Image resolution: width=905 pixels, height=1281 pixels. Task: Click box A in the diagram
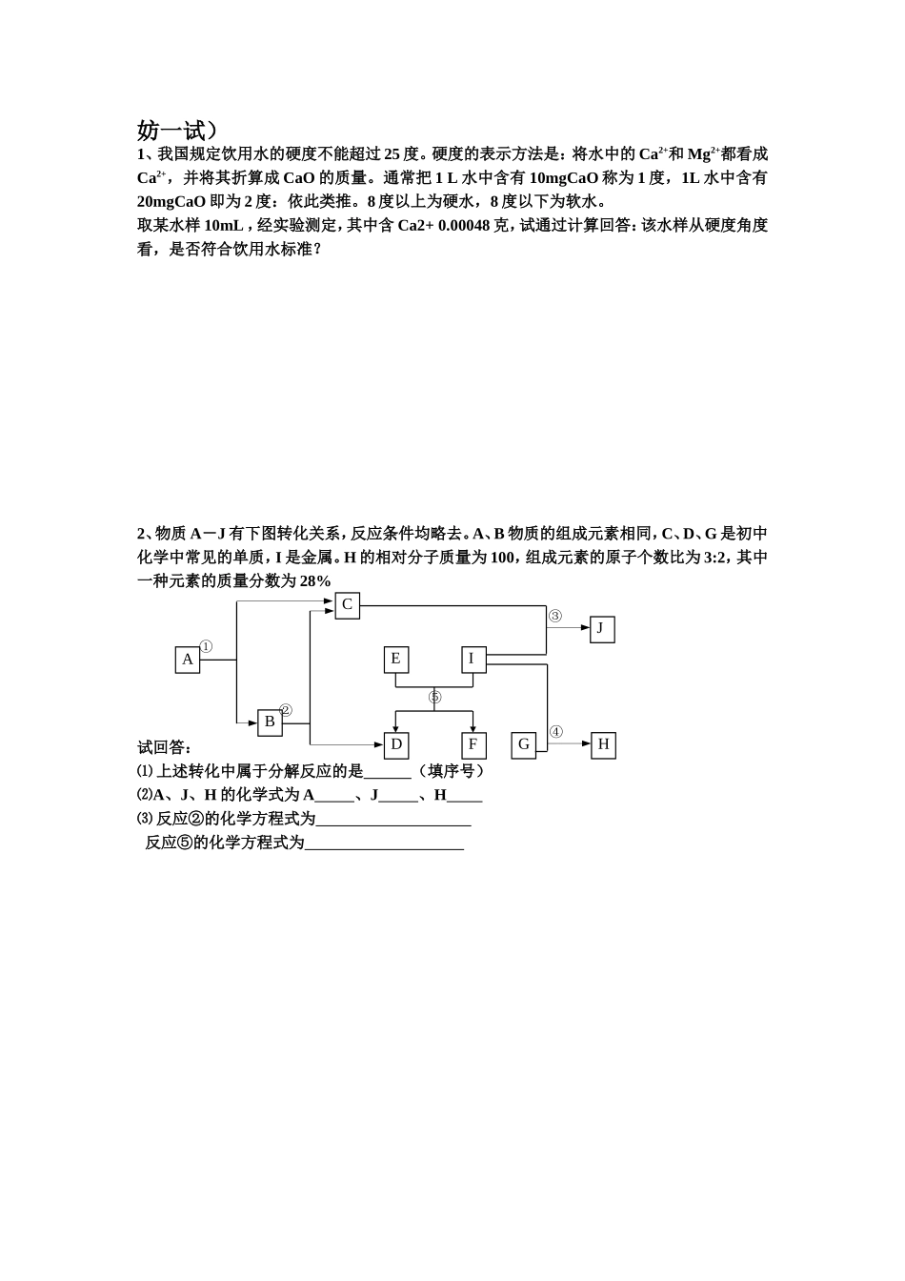pyautogui.click(x=188, y=660)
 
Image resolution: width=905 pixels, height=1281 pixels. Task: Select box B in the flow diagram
pyautogui.click(x=270, y=722)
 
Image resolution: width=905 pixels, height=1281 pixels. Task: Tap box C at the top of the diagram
pyautogui.click(x=347, y=605)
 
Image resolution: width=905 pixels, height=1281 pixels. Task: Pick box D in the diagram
pyautogui.click(x=396, y=744)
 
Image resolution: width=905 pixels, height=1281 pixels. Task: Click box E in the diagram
pyautogui.click(x=396, y=659)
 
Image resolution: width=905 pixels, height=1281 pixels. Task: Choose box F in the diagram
pyautogui.click(x=473, y=744)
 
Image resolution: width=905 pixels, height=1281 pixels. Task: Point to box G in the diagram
pyautogui.click(x=524, y=744)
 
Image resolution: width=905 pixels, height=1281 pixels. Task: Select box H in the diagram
pyautogui.click(x=603, y=744)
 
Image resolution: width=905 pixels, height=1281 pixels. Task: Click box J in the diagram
pyautogui.click(x=601, y=628)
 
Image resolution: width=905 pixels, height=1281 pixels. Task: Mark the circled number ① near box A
pyautogui.click(x=206, y=646)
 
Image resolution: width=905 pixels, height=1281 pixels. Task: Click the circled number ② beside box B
pyautogui.click(x=286, y=710)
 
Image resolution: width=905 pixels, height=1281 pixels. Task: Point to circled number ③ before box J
pyautogui.click(x=555, y=616)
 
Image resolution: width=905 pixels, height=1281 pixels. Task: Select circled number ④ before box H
pyautogui.click(x=556, y=732)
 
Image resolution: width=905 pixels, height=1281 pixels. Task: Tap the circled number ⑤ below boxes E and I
pyautogui.click(x=434, y=698)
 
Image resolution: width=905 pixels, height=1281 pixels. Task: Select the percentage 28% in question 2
pyautogui.click(x=314, y=581)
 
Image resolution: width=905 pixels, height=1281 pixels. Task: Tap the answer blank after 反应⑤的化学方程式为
pyautogui.click(x=384, y=843)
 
